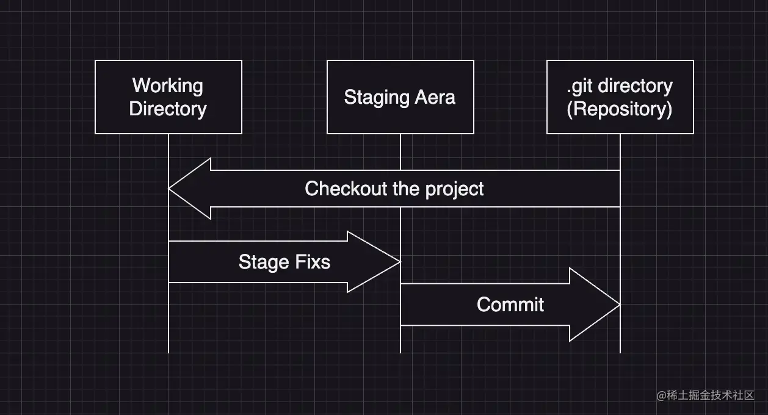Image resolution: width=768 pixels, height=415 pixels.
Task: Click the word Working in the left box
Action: tap(168, 85)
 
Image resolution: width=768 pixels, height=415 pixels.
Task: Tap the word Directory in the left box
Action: tap(168, 109)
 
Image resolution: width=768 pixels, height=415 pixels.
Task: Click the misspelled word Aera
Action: tap(435, 97)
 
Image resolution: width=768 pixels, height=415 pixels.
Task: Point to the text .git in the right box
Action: tap(579, 86)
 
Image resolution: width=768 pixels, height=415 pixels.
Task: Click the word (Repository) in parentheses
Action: tap(619, 109)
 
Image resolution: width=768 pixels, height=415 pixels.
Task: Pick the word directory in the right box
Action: tap(636, 86)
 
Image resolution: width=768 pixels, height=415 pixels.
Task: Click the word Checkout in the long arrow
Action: tap(346, 189)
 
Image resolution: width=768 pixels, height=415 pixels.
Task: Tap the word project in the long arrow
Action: tap(455, 190)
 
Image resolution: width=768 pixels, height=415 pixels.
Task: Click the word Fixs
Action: tap(313, 262)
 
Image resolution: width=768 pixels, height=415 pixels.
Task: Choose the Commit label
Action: tap(510, 305)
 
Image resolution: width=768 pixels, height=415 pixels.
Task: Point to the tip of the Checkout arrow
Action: tap(168, 189)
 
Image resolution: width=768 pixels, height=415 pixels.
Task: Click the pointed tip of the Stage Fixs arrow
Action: tap(400, 262)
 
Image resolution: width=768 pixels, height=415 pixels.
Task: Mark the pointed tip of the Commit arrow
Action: tap(620, 305)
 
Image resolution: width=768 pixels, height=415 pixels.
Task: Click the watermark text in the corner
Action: tap(705, 395)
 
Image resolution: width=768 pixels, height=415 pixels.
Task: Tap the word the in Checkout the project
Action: tap(407, 189)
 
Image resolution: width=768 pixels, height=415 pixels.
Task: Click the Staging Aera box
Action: tap(400, 97)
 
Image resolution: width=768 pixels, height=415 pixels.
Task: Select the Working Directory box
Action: tap(168, 97)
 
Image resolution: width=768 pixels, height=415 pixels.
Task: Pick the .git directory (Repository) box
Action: tap(620, 97)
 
